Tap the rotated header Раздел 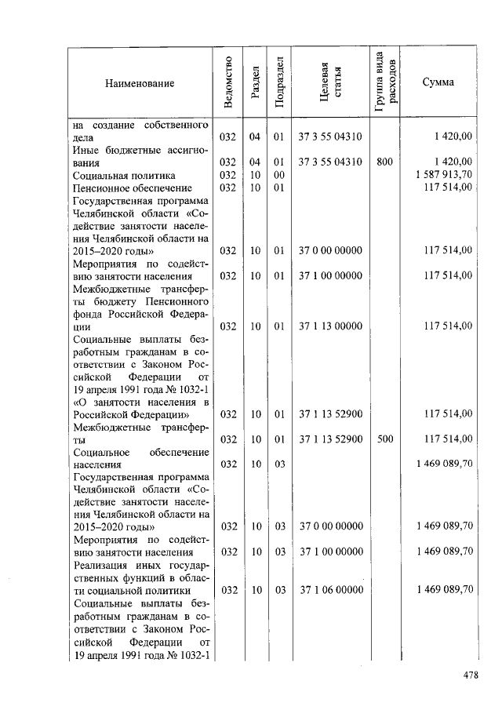tap(255, 82)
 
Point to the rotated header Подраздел tap(278, 82)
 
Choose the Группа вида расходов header tap(385, 82)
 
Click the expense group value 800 tap(385, 162)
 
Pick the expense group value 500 tap(385, 439)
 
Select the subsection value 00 tap(278, 175)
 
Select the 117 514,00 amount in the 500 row tap(448, 439)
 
